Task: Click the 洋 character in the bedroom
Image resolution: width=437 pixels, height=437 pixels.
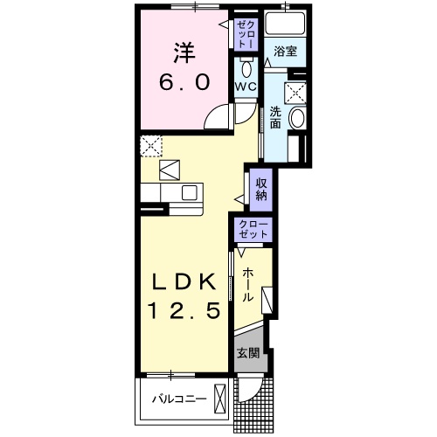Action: tap(184, 52)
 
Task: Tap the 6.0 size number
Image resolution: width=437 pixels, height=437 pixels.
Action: tap(184, 82)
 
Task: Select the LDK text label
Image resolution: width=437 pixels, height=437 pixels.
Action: tap(184, 281)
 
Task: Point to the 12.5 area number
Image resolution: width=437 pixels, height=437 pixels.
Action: tap(184, 310)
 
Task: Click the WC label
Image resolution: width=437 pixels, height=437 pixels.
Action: tap(246, 87)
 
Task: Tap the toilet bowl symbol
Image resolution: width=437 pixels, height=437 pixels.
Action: tap(246, 67)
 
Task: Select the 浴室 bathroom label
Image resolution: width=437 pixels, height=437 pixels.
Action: tap(285, 52)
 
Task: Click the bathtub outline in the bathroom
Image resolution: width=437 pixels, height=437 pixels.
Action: tap(285, 23)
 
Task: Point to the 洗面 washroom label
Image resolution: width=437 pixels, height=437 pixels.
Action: tap(275, 118)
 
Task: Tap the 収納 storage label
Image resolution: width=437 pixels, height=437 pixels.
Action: tap(261, 190)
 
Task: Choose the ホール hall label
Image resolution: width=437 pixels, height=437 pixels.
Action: tap(247, 284)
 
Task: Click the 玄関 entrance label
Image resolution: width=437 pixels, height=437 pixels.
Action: tap(247, 353)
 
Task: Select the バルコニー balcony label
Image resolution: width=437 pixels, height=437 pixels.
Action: tap(179, 399)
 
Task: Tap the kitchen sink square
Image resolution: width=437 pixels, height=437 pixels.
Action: tap(190, 193)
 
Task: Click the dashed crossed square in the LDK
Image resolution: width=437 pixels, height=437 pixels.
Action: tap(151, 146)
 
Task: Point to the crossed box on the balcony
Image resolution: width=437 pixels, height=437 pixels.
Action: tap(220, 398)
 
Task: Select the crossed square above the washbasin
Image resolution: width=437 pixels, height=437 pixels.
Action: tap(295, 93)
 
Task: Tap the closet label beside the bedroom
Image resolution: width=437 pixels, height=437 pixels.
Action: tap(246, 35)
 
